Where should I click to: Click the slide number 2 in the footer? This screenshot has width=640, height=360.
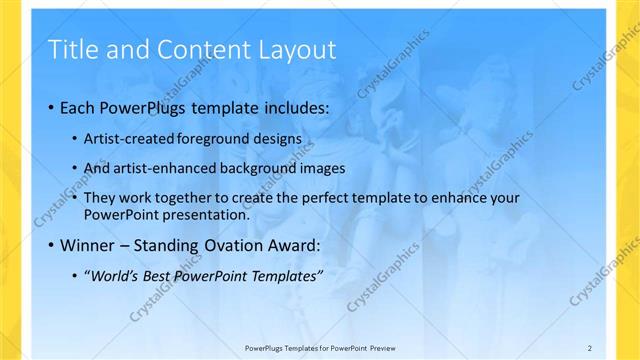pos(590,347)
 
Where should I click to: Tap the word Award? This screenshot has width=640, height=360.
pos(297,244)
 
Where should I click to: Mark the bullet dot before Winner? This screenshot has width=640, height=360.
pos(51,245)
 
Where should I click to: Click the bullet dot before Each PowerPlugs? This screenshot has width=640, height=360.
pos(51,107)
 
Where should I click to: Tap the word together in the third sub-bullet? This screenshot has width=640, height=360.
pos(192,197)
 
